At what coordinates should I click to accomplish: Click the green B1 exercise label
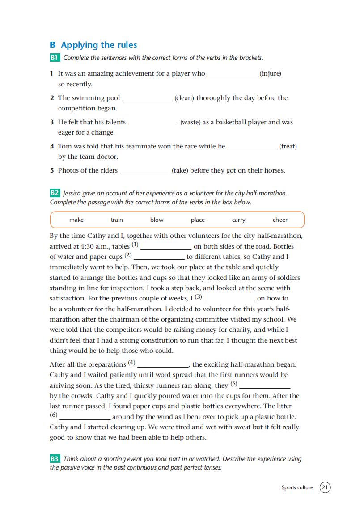pos(55,58)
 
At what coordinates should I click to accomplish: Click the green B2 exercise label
pos(55,193)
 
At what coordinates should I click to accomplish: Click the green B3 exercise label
pos(55,459)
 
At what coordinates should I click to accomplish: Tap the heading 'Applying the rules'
pos(99,45)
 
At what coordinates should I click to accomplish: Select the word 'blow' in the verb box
pos(157,220)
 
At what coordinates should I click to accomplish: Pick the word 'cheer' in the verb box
pos(280,220)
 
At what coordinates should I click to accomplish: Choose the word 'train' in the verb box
pos(117,220)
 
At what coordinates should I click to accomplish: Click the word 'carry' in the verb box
pos(238,220)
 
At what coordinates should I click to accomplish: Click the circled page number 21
pos(325,487)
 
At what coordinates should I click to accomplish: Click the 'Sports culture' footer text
pos(297,487)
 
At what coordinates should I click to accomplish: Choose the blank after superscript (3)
pos(229,300)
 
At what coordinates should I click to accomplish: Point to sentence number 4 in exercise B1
pos(52,146)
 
